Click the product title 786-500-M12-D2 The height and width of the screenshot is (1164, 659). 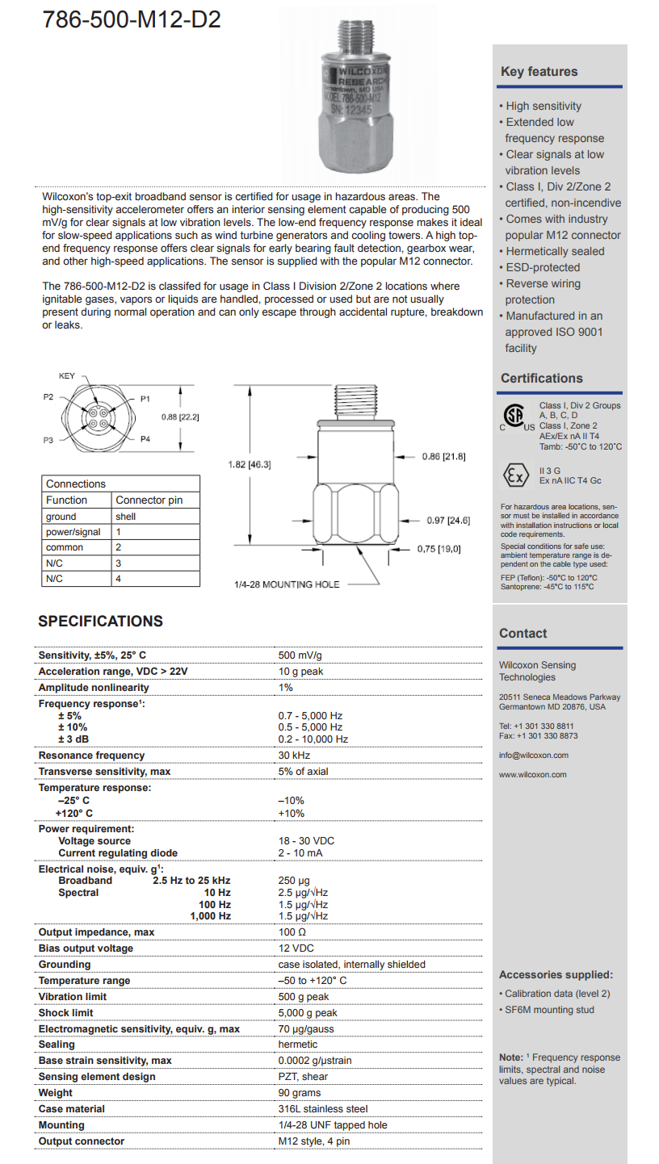132,20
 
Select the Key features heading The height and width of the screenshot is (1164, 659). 539,72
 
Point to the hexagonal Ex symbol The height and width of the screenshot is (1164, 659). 514,474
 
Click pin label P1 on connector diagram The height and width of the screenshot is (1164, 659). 145,399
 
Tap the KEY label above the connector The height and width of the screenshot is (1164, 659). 68,376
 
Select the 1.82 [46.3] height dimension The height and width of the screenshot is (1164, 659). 249,464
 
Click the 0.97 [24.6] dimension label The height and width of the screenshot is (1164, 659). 448,520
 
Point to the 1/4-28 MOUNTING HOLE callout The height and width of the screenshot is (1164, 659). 287,584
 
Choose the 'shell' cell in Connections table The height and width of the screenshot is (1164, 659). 125,517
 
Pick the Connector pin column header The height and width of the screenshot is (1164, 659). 149,500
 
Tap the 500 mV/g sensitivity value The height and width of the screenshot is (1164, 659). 300,655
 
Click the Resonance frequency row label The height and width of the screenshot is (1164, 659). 92,756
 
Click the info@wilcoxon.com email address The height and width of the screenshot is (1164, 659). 533,756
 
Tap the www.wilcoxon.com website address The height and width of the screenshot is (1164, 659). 532,774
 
